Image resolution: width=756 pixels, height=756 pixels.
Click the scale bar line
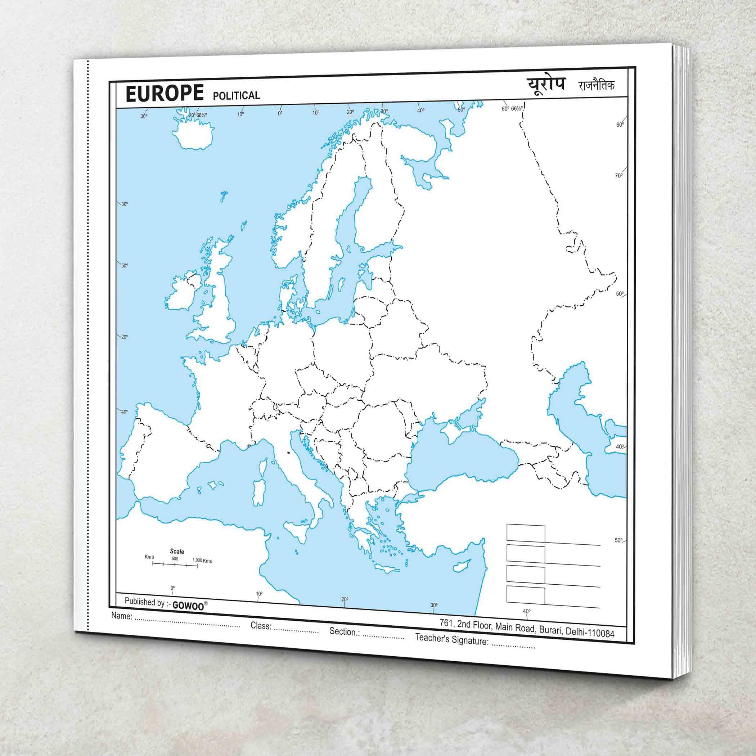click(175, 564)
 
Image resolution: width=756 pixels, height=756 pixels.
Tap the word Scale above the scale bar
click(177, 552)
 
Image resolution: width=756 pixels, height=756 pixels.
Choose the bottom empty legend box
click(526, 595)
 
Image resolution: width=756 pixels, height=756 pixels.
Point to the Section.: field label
click(345, 631)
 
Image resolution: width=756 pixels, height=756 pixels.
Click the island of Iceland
click(193, 134)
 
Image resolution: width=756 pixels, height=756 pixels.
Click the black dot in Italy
click(288, 453)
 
